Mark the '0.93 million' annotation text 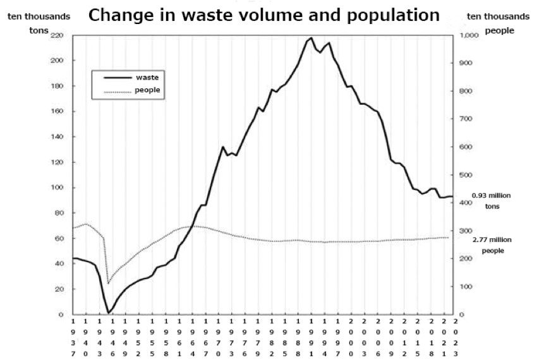tap(492, 196)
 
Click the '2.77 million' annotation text tap(492, 240)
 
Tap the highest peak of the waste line tap(310, 38)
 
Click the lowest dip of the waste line tap(109, 312)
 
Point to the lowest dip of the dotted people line tap(109, 282)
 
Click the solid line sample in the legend tap(117, 76)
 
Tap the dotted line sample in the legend tap(117, 92)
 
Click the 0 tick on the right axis tap(462, 315)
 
